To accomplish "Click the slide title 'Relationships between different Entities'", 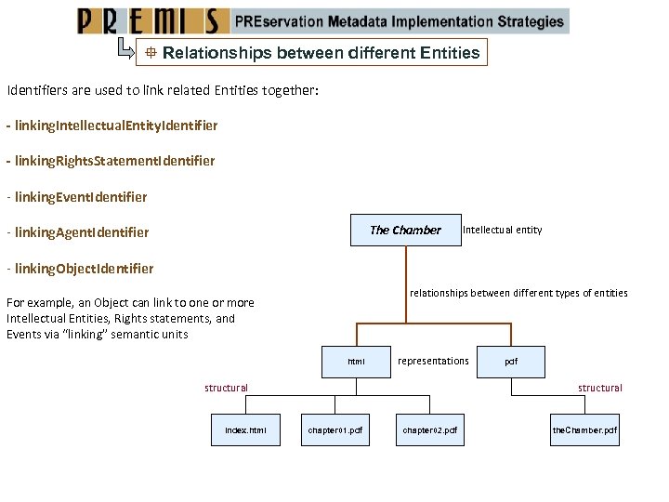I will [321, 53].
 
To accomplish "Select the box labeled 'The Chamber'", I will [405, 230].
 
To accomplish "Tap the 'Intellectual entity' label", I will [503, 230].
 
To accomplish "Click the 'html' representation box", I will [356, 362].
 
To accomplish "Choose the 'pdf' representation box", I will [511, 362].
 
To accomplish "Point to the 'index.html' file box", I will [245, 430].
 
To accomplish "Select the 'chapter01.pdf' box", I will [335, 430].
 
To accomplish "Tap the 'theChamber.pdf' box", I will [584, 430].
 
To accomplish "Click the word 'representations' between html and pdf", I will [433, 361].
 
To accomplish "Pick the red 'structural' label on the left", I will [227, 388].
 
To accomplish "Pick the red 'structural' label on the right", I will [600, 388].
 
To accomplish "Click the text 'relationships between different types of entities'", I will [518, 293].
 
